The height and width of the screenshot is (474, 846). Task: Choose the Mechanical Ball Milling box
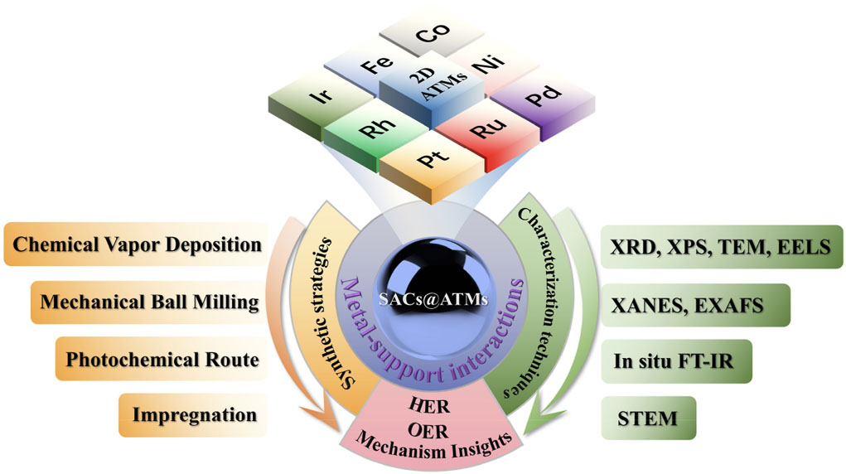(150, 302)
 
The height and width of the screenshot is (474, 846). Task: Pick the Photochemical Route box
(162, 360)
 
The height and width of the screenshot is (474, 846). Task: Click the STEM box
(647, 418)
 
